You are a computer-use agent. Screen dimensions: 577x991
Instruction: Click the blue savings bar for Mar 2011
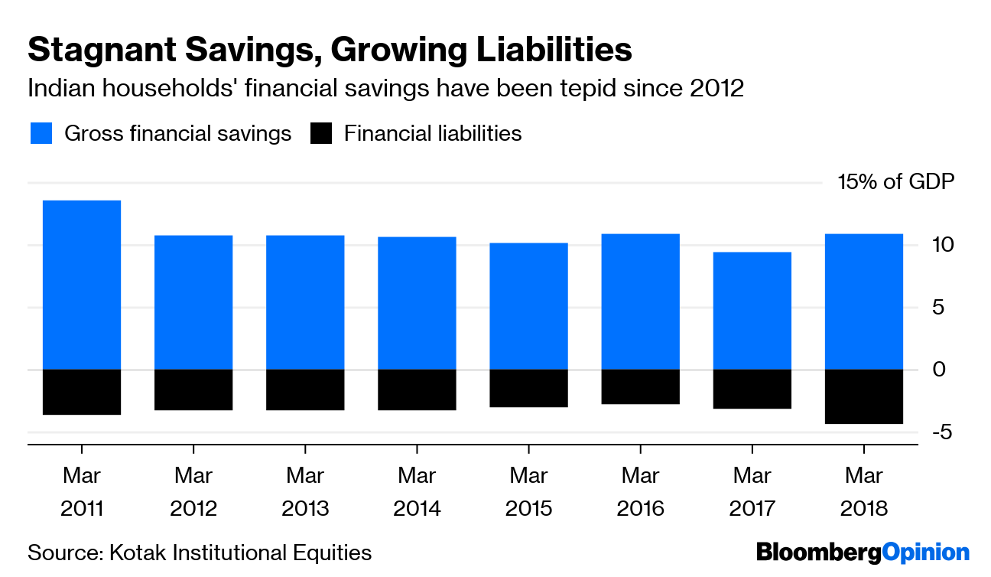82,285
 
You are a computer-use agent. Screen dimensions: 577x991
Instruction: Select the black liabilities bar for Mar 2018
864,396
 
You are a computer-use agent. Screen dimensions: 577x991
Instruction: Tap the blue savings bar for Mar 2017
752,311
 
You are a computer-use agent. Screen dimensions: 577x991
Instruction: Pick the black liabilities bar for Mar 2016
641,386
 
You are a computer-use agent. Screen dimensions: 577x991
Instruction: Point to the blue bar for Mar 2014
418,303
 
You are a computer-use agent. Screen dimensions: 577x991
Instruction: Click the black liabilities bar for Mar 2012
193,390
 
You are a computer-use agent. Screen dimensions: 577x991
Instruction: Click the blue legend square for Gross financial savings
41,134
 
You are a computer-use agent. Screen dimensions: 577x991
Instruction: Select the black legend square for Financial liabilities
322,134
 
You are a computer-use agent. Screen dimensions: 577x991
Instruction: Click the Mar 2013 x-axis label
305,491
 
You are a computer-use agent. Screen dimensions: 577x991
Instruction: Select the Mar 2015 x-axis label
528,491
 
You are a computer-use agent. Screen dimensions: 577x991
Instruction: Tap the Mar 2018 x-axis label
864,491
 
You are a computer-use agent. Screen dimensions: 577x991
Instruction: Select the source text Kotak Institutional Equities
240,553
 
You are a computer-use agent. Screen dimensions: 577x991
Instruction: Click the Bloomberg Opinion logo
863,553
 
